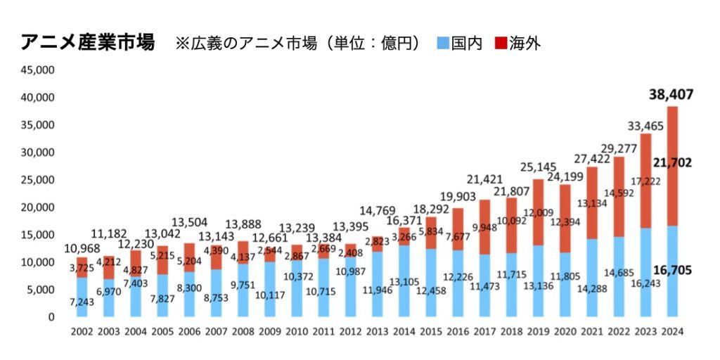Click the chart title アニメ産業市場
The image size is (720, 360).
(x=88, y=42)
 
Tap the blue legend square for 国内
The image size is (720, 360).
(x=443, y=43)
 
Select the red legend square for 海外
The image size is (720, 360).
(x=501, y=43)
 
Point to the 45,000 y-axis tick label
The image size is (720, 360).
(x=40, y=70)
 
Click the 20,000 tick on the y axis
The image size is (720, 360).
(x=40, y=207)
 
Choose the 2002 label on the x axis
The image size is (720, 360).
(x=82, y=332)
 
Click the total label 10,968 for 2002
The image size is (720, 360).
(x=82, y=249)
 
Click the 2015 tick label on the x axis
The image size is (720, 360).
(x=430, y=332)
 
